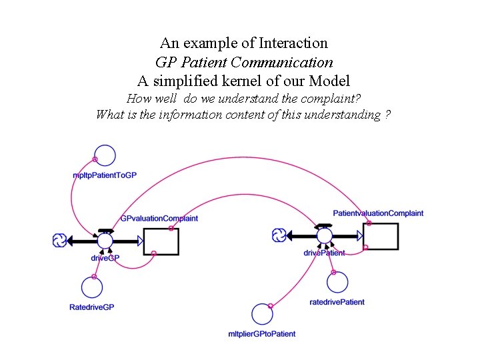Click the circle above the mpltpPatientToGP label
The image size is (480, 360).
[x=105, y=155]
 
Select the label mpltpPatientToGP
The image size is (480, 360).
[x=105, y=175]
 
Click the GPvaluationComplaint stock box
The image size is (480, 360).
[x=161, y=241]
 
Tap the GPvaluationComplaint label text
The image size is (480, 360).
[x=159, y=218]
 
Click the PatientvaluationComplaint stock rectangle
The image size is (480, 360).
[x=381, y=237]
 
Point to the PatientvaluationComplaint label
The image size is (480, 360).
[x=378, y=213]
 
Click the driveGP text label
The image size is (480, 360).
[x=105, y=258]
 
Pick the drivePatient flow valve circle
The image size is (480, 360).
[x=324, y=235]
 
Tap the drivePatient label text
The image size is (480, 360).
[x=324, y=253]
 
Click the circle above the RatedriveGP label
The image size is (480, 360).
[x=92, y=287]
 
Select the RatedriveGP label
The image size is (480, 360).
[x=92, y=307]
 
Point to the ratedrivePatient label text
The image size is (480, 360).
[x=337, y=302]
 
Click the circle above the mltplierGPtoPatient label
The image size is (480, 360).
[x=263, y=315]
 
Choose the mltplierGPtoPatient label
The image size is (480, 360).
[x=262, y=333]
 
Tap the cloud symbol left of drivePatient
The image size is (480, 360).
[x=279, y=235]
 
